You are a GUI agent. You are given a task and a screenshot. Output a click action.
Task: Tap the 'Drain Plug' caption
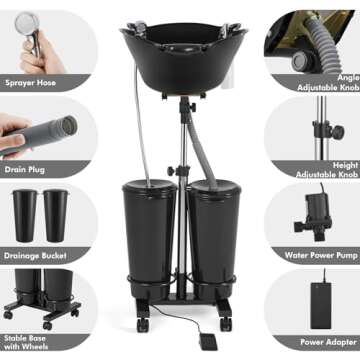point(28,168)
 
